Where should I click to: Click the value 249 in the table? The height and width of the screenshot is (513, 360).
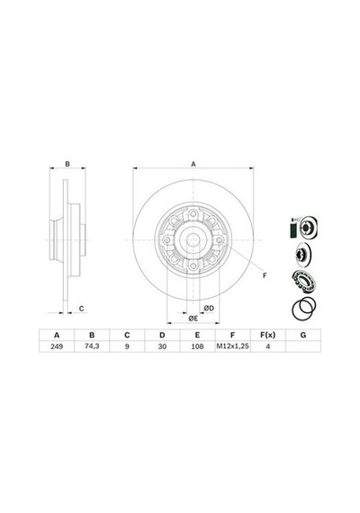tap(57, 346)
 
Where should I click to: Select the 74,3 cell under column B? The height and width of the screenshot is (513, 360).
tap(92, 346)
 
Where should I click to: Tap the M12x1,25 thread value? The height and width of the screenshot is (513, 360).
tap(233, 346)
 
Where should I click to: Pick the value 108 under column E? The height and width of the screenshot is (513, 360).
tap(197, 346)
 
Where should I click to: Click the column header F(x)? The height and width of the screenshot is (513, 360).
tap(267, 335)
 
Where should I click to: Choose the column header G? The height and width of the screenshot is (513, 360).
tap(303, 335)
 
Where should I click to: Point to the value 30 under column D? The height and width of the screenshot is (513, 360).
tap(162, 346)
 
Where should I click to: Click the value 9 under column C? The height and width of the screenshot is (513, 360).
tap(127, 346)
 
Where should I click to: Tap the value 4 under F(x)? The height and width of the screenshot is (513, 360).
tap(267, 346)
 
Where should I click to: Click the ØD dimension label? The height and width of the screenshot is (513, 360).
tap(209, 308)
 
